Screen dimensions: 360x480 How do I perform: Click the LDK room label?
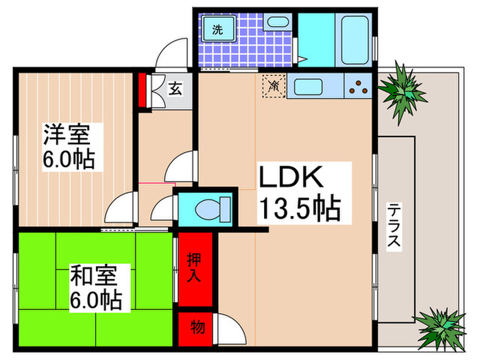coord(291,178)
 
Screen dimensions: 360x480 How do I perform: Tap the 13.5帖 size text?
coord(299,208)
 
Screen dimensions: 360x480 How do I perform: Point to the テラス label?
coord(394,228)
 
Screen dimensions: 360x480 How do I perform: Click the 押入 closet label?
coord(194,269)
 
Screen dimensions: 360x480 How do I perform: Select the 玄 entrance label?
coord(176,88)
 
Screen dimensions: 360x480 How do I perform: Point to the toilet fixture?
coord(205,208)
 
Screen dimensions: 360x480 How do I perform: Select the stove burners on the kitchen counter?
coord(358,87)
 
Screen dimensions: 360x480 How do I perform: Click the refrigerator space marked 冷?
coord(273,87)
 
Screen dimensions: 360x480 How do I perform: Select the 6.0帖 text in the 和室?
coord(96,300)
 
